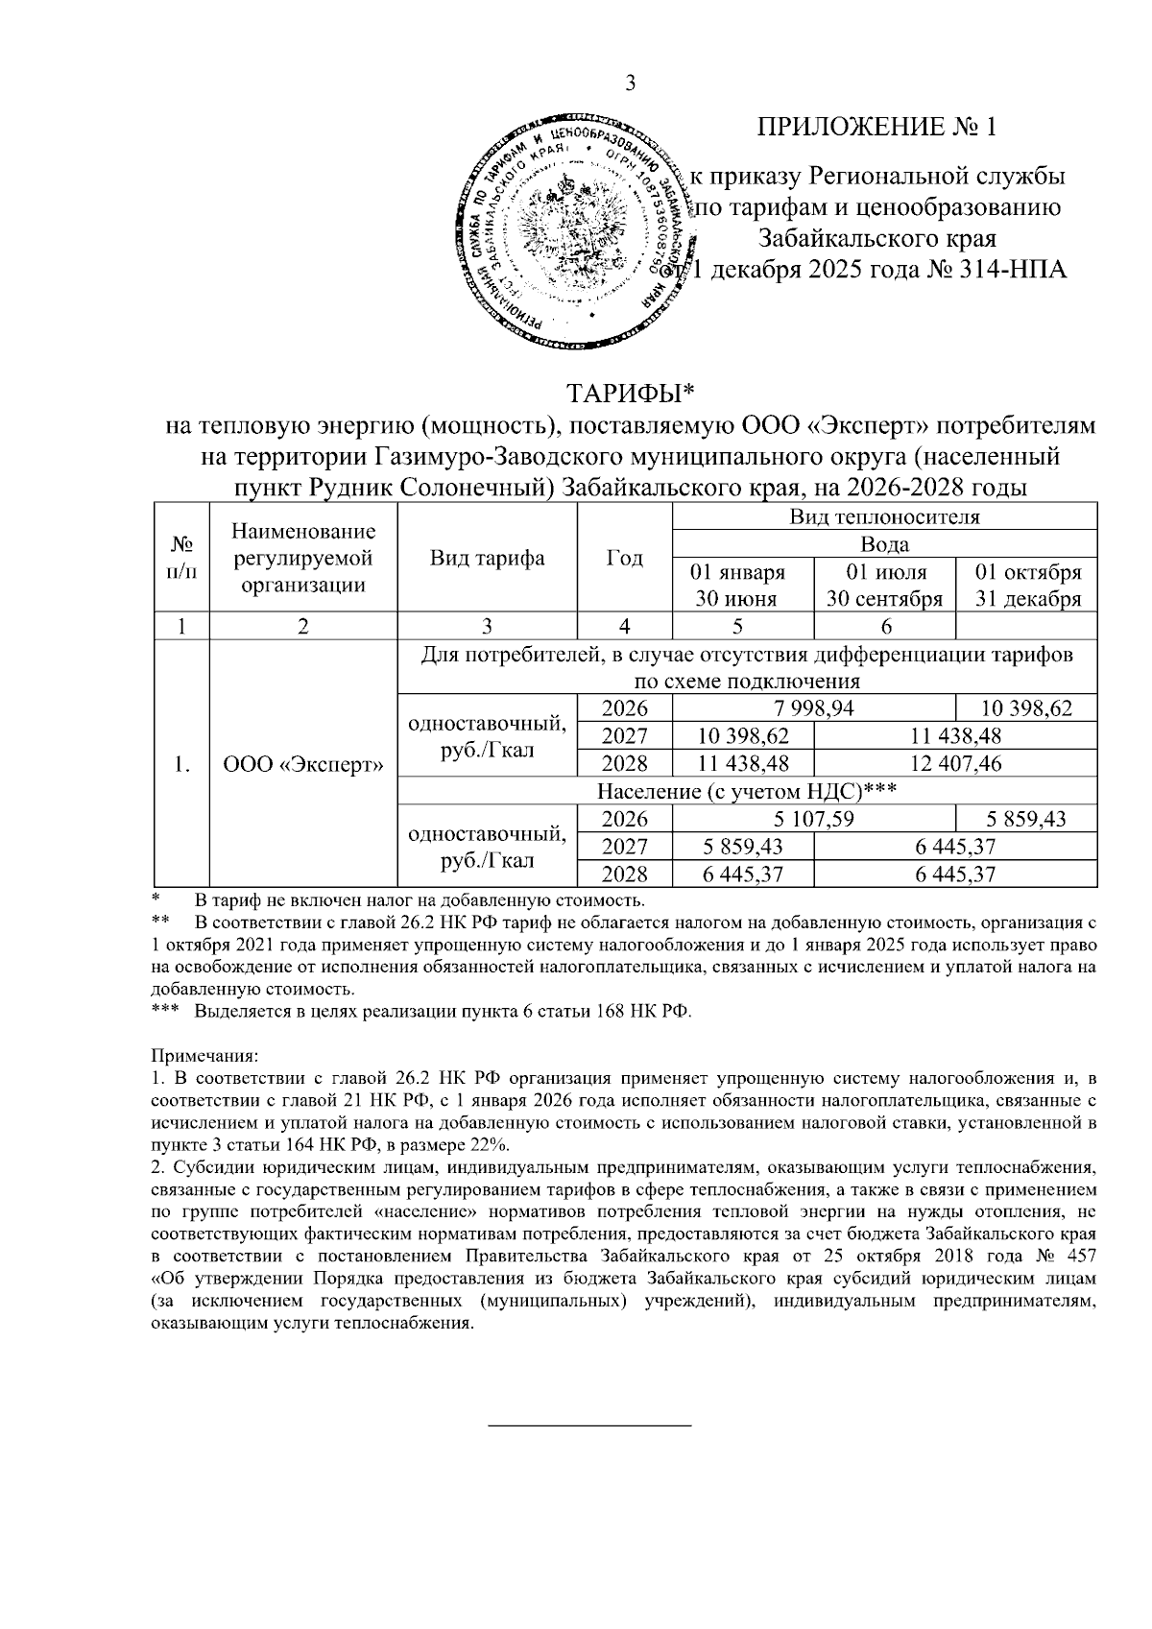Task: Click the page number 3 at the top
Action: coord(630,84)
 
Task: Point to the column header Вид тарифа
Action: coord(487,559)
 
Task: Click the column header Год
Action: coord(625,559)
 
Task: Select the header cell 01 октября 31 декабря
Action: coord(1026,586)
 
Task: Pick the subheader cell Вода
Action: coord(884,544)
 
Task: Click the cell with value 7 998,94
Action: coord(814,709)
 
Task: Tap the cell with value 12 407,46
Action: coord(954,764)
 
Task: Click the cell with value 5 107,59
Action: coord(814,820)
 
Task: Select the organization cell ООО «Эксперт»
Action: coord(303,764)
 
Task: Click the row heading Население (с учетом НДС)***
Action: coord(746,792)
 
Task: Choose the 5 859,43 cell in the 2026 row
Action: coord(1026,820)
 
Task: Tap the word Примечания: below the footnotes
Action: coord(204,1056)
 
